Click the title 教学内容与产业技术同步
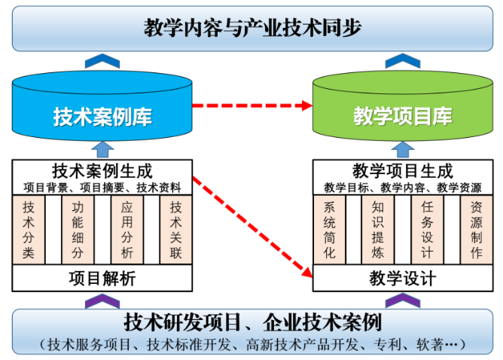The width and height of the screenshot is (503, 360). [251, 28]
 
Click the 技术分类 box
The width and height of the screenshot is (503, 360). [29, 229]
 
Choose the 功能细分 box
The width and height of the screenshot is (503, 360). [78, 229]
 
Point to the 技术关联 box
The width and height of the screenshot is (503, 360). [175, 229]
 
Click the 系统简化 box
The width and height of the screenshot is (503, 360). [329, 229]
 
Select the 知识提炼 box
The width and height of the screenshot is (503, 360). [378, 229]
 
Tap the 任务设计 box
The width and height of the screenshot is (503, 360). [427, 229]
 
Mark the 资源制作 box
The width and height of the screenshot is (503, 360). [476, 229]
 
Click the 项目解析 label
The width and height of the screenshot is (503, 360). [102, 279]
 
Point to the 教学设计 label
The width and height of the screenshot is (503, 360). [402, 279]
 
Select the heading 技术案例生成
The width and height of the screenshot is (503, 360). [102, 171]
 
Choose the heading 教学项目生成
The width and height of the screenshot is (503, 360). [402, 171]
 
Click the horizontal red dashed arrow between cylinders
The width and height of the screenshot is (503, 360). [252, 105]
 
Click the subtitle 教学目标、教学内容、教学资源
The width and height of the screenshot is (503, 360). [402, 188]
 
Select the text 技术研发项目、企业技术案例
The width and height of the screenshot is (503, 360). [251, 323]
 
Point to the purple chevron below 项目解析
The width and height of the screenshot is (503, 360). [102, 301]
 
